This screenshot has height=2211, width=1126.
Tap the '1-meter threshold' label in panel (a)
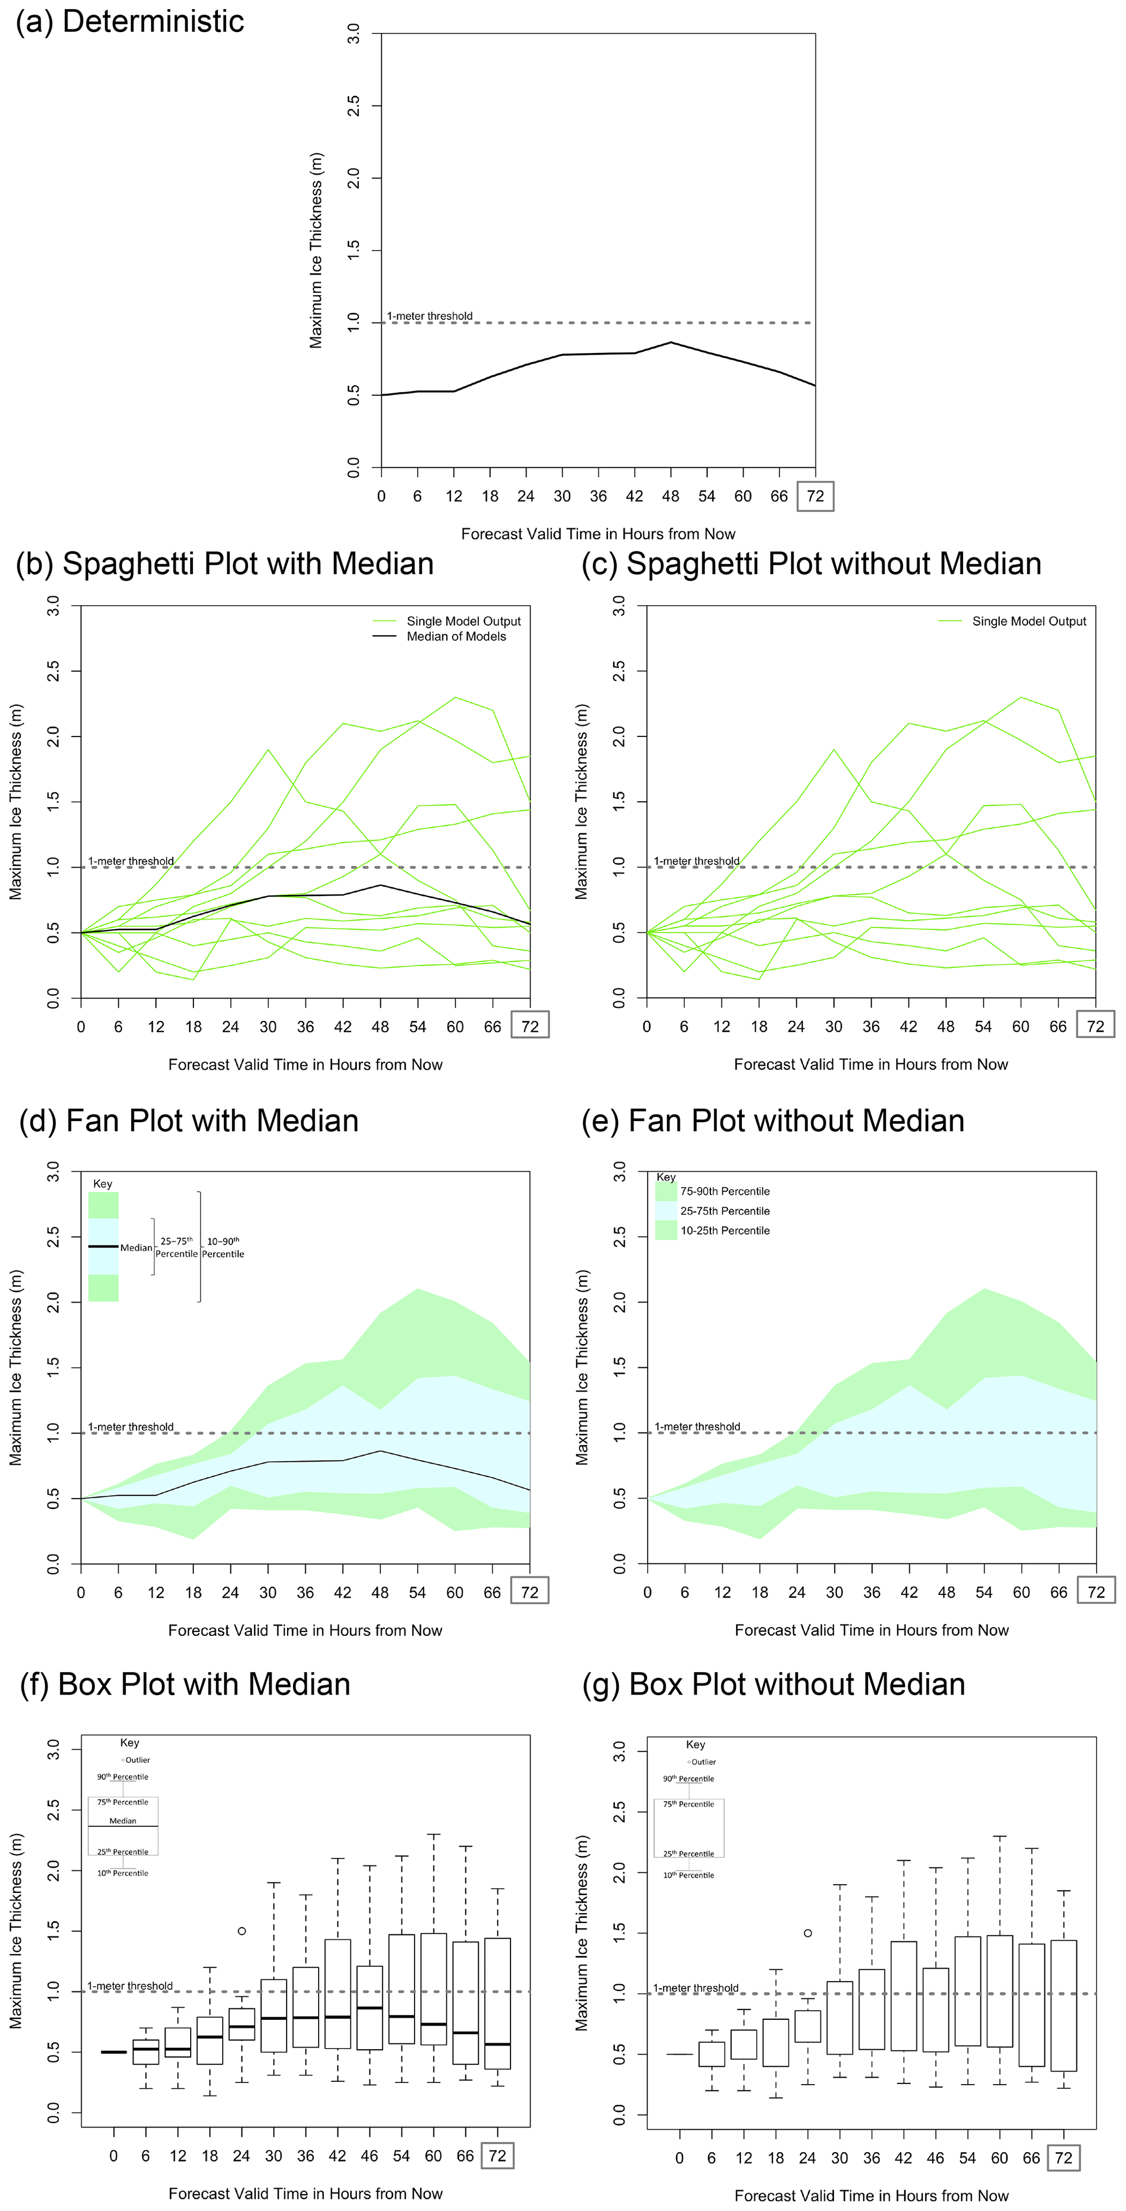point(429,316)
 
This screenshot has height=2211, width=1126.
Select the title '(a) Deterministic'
point(130,21)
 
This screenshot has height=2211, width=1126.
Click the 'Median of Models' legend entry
point(456,636)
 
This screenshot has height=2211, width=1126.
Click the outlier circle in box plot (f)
point(242,1931)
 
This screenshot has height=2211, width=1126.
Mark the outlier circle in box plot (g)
point(808,1933)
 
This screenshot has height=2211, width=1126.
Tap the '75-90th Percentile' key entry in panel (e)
point(725,1191)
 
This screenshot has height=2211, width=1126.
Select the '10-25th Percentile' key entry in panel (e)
point(725,1231)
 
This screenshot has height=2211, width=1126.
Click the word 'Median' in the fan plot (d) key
point(136,1247)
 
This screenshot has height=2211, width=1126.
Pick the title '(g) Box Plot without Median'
point(773,1685)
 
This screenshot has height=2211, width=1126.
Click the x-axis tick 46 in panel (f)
point(369,2156)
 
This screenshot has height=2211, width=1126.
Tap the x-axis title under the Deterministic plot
point(598,534)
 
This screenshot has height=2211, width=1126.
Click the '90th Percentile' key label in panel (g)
point(689,1779)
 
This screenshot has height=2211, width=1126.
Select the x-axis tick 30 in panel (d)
point(268,1593)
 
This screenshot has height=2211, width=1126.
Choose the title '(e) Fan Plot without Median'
point(772,1121)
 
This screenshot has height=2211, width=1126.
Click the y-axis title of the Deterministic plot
point(316,251)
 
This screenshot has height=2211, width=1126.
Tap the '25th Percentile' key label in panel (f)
point(123,1852)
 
